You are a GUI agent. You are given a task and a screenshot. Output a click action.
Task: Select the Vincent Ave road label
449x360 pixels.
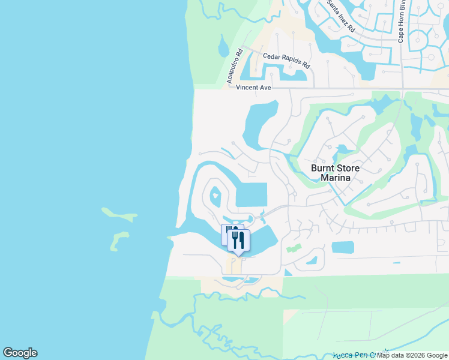253,88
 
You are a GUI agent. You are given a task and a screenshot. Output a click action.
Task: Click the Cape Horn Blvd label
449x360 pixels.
401,24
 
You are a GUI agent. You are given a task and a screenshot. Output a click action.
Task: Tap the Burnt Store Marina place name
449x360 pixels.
334,173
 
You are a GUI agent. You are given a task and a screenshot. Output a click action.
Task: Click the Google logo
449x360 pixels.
20,353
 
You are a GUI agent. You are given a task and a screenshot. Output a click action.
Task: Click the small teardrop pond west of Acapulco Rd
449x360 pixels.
223,47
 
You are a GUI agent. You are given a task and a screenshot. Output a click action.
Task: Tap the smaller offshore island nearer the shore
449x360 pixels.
119,239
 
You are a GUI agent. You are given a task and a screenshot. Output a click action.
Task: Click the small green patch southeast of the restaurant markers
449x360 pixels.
293,248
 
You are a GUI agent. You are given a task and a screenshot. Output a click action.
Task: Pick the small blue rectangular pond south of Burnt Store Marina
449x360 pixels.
343,247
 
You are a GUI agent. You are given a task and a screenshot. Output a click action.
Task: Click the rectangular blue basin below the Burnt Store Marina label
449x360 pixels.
252,195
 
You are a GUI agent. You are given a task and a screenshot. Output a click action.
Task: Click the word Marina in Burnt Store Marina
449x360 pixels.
334,178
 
